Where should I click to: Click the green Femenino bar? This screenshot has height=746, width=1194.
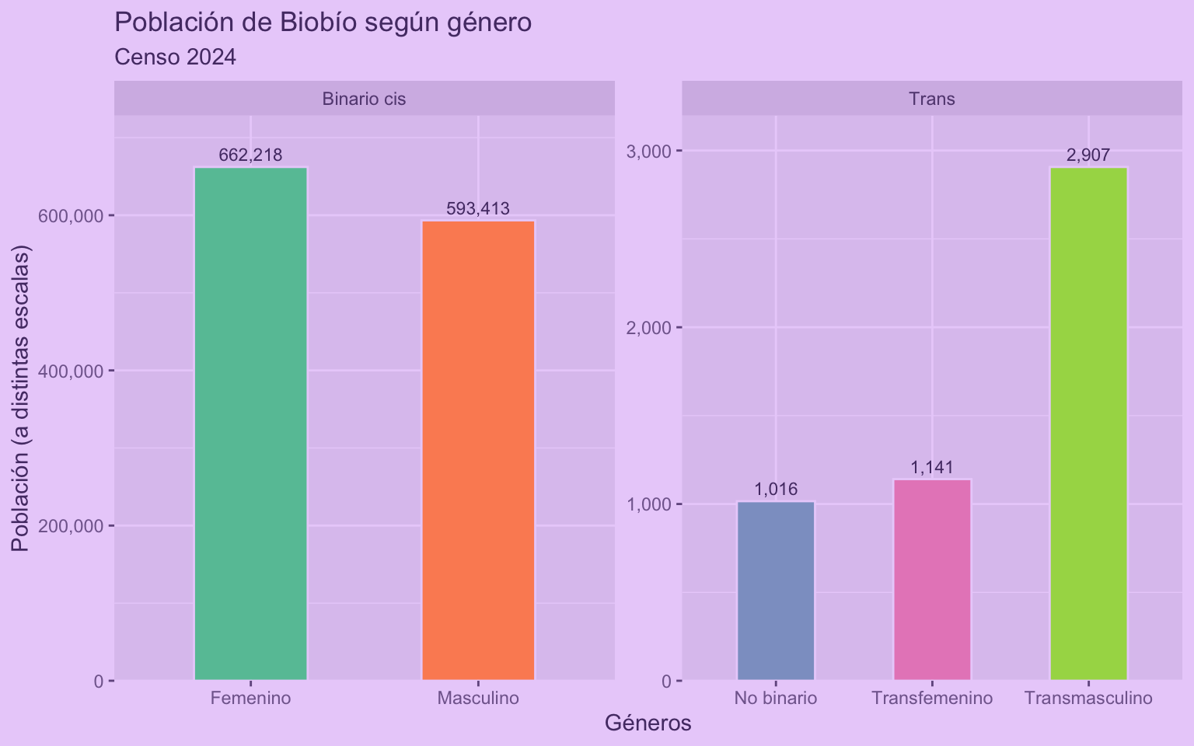coord(250,424)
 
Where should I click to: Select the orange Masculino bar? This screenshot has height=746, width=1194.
coord(478,451)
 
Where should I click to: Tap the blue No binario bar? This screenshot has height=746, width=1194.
coord(776,591)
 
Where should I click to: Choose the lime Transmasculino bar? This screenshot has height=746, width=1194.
coord(1088,424)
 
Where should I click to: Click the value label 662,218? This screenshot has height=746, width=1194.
coord(250,155)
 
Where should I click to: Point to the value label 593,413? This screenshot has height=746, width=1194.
coord(478,208)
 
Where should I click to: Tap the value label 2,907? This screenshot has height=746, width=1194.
coord(1088,155)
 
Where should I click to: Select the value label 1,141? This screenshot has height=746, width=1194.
coord(932,468)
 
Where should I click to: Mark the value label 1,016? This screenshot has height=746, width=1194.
coord(776,490)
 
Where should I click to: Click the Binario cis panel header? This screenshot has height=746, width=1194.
coord(364,99)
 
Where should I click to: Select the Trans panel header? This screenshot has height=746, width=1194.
coord(931,99)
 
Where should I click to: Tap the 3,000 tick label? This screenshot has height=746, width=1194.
coord(648,151)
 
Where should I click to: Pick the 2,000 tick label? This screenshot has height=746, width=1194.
coord(648,328)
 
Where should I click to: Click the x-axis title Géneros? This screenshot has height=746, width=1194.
coord(648,723)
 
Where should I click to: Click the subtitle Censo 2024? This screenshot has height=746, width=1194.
coord(175,58)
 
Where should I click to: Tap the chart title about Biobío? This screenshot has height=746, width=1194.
coord(323,23)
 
